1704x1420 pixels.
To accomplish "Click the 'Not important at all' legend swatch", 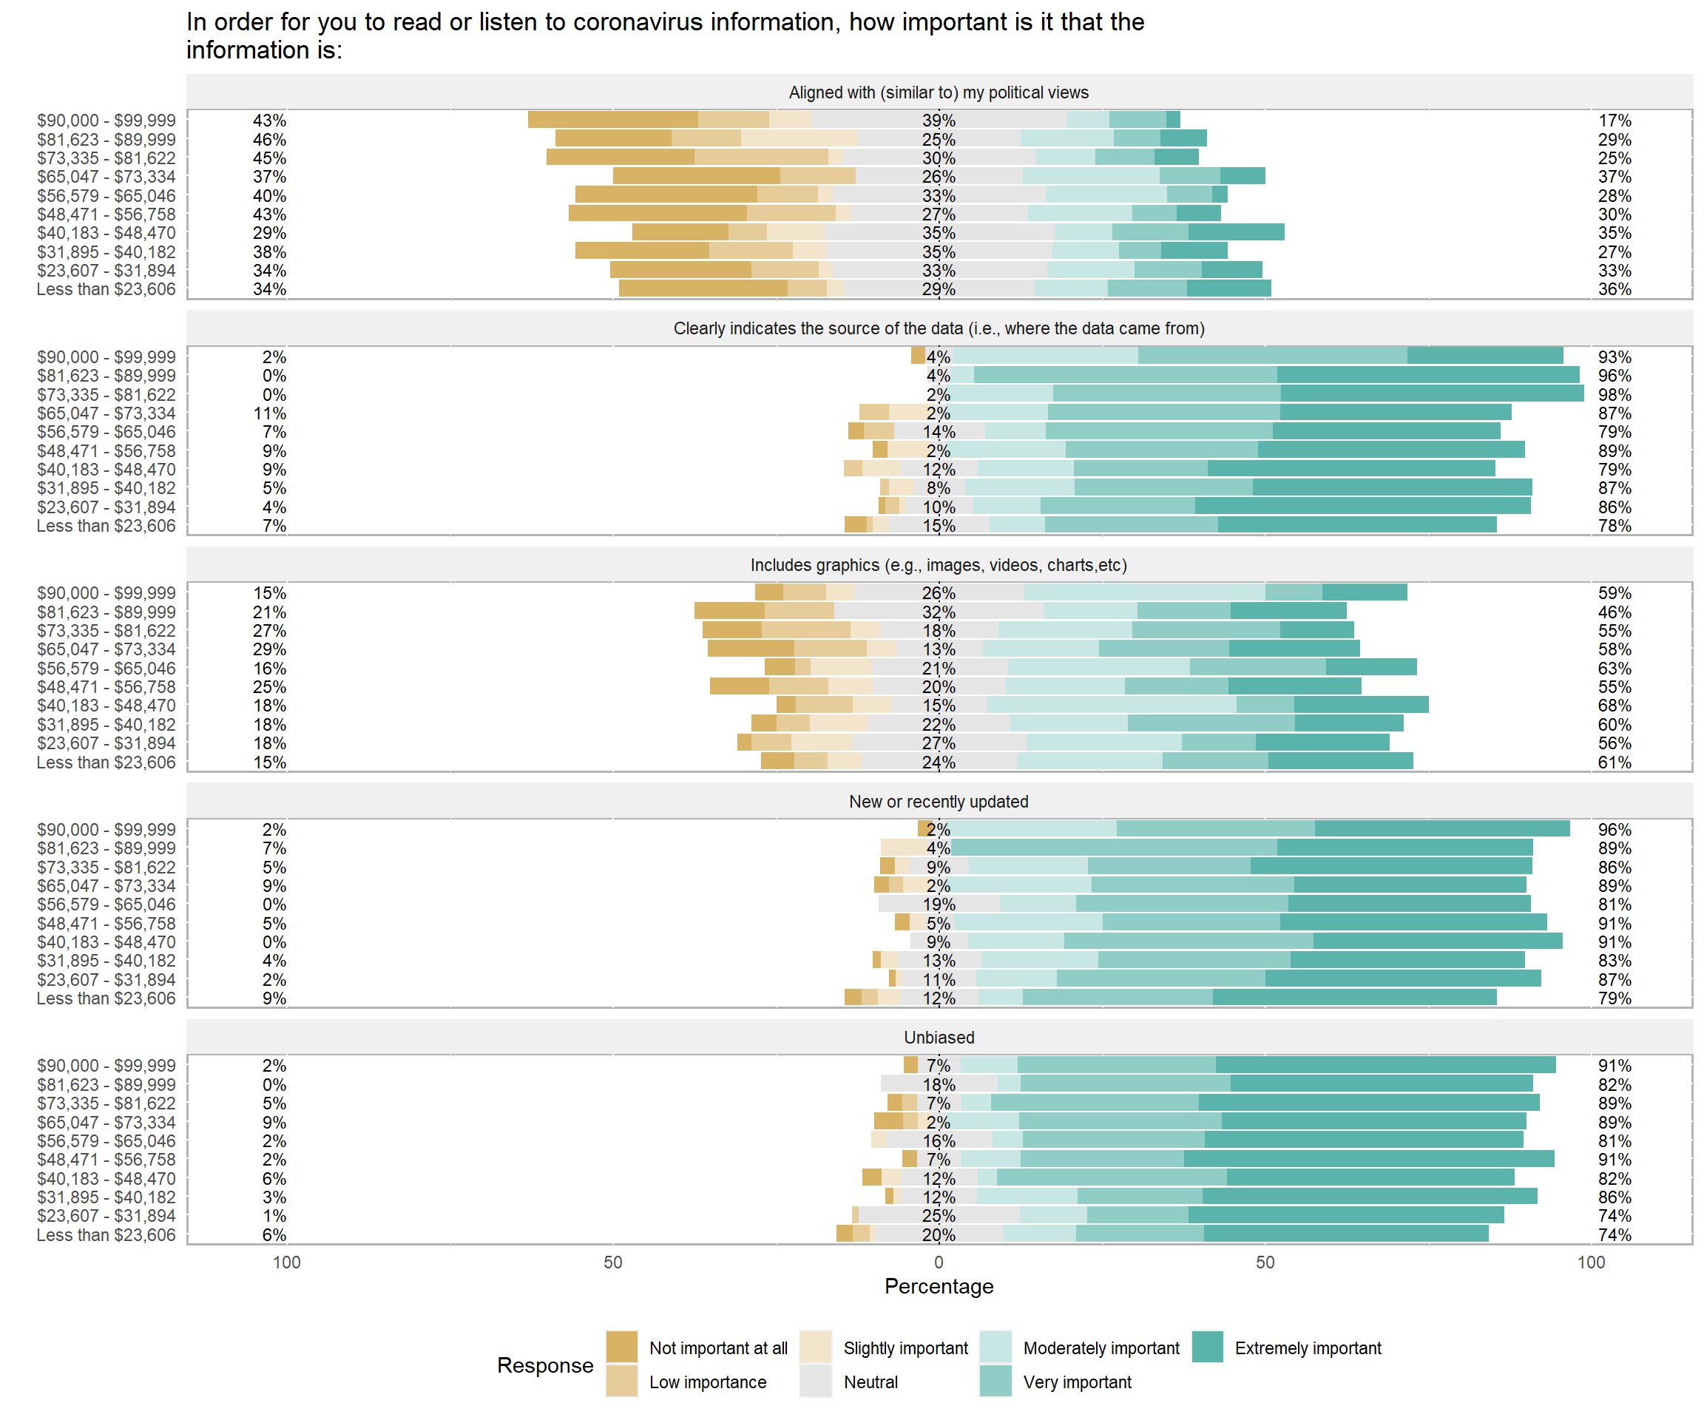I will (621, 1347).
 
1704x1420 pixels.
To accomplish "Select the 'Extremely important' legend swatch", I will (1208, 1347).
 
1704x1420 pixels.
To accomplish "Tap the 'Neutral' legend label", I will (870, 1382).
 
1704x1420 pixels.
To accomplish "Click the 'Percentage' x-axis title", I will (939, 1286).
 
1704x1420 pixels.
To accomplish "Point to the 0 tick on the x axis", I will (939, 1262).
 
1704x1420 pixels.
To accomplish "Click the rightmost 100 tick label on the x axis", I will (1590, 1262).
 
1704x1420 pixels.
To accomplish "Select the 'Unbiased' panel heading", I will (939, 1037).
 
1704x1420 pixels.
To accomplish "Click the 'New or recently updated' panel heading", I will (939, 802).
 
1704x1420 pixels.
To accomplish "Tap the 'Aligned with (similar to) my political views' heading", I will (939, 92).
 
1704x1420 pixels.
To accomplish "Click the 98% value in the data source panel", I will (1614, 395).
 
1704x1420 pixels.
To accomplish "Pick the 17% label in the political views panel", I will (1614, 121).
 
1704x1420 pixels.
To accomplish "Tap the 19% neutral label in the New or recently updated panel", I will (939, 905).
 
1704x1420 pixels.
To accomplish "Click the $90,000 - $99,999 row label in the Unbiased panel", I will (106, 1066).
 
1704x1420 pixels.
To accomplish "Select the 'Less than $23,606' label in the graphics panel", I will (106, 763).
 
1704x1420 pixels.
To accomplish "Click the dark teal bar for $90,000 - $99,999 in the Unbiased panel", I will (1385, 1066).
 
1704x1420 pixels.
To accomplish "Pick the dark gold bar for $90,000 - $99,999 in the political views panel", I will (612, 120).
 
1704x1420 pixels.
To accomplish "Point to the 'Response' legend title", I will (545, 1365).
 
